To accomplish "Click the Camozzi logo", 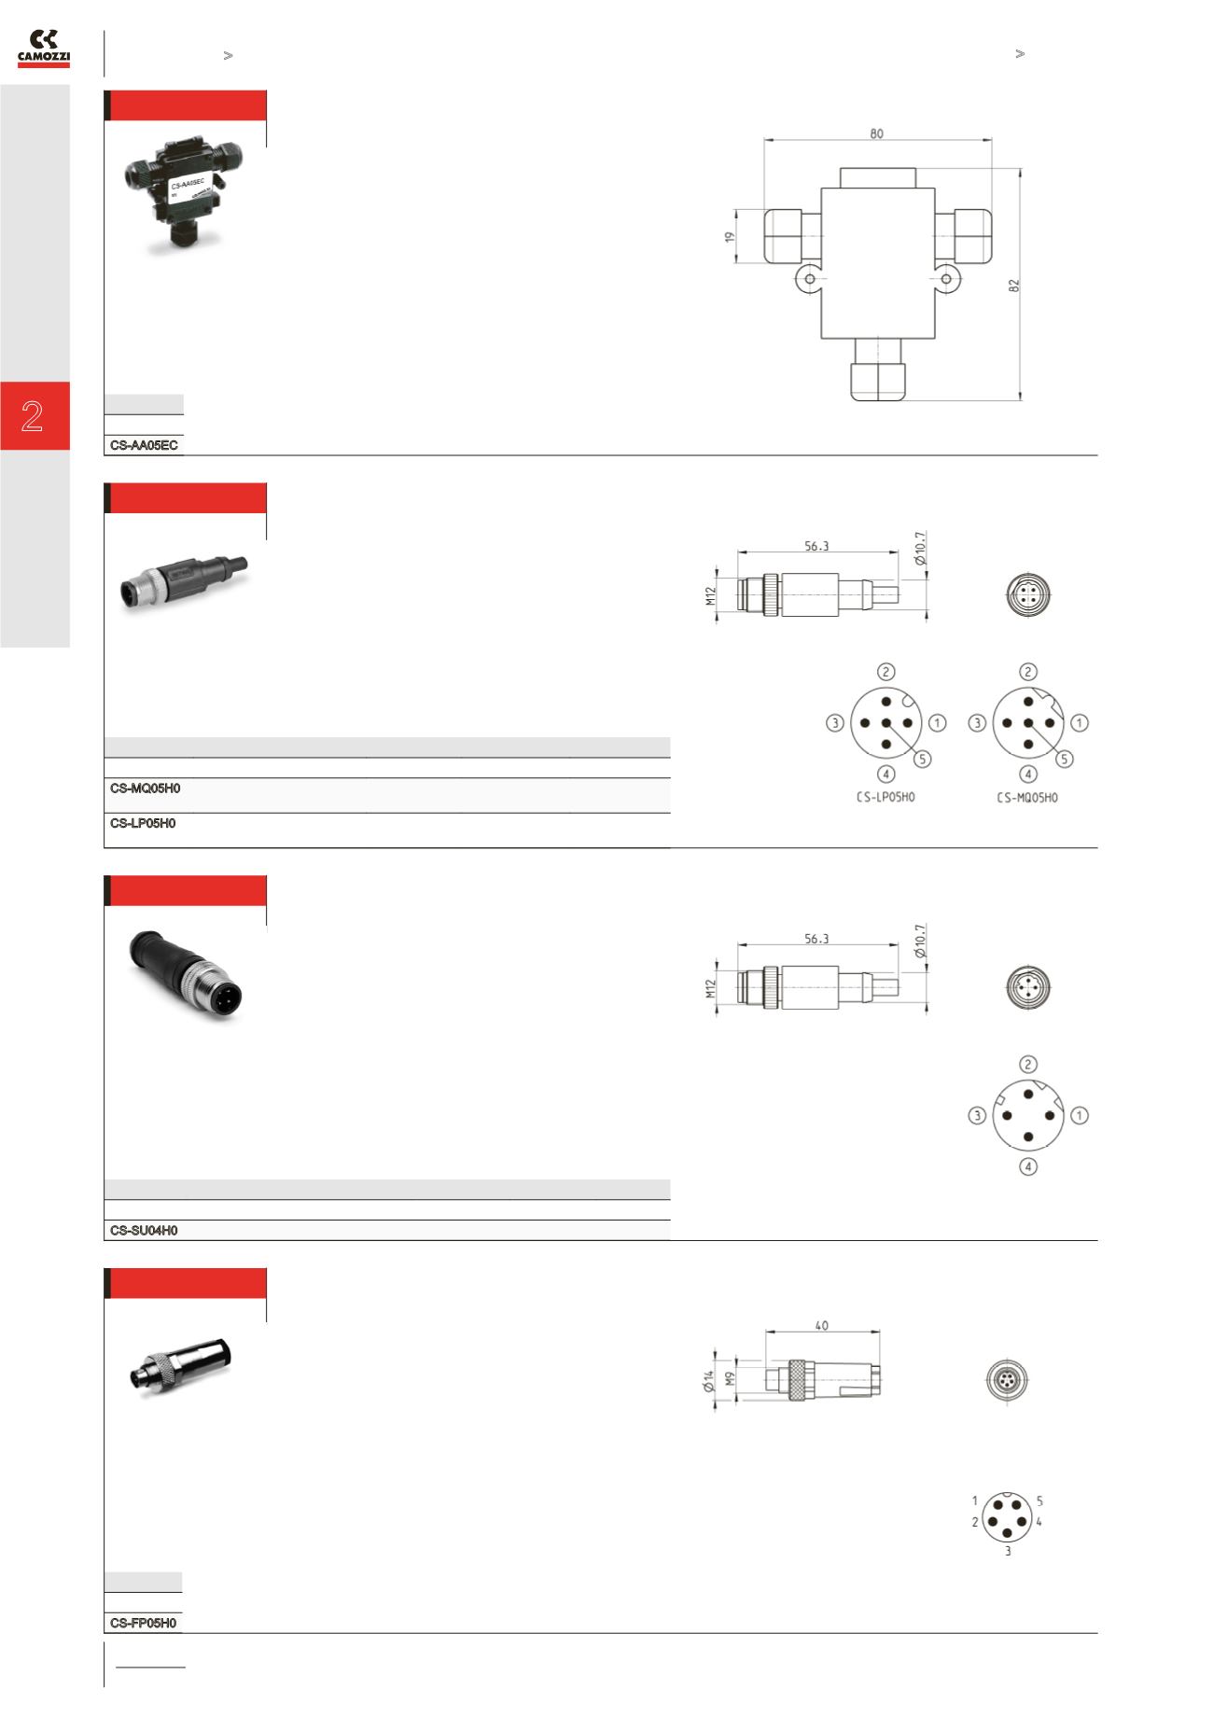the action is tap(44, 49).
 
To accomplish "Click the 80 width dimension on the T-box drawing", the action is tap(877, 133).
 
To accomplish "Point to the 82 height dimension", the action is tap(1014, 285).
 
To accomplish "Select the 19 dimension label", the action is tap(732, 236).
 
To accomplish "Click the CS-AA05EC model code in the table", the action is tap(145, 446).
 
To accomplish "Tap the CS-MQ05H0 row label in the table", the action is tap(145, 788).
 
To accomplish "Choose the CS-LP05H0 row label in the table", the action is tap(143, 824).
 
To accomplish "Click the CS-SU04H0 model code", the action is tap(144, 1231).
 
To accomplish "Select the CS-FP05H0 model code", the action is tap(143, 1623).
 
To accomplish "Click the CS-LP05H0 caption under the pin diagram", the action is tap(885, 798).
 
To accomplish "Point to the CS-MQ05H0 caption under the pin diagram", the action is tap(1027, 798).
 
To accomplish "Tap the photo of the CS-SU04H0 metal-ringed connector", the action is tap(191, 975).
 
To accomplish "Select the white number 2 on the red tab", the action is tap(33, 416).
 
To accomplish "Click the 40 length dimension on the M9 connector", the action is tap(822, 1325).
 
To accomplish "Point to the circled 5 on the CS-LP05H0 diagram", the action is tap(922, 759).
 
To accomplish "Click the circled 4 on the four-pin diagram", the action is tap(1028, 1166).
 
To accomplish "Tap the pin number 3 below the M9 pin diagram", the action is tap(1008, 1552).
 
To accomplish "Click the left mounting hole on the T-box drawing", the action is tap(810, 278).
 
